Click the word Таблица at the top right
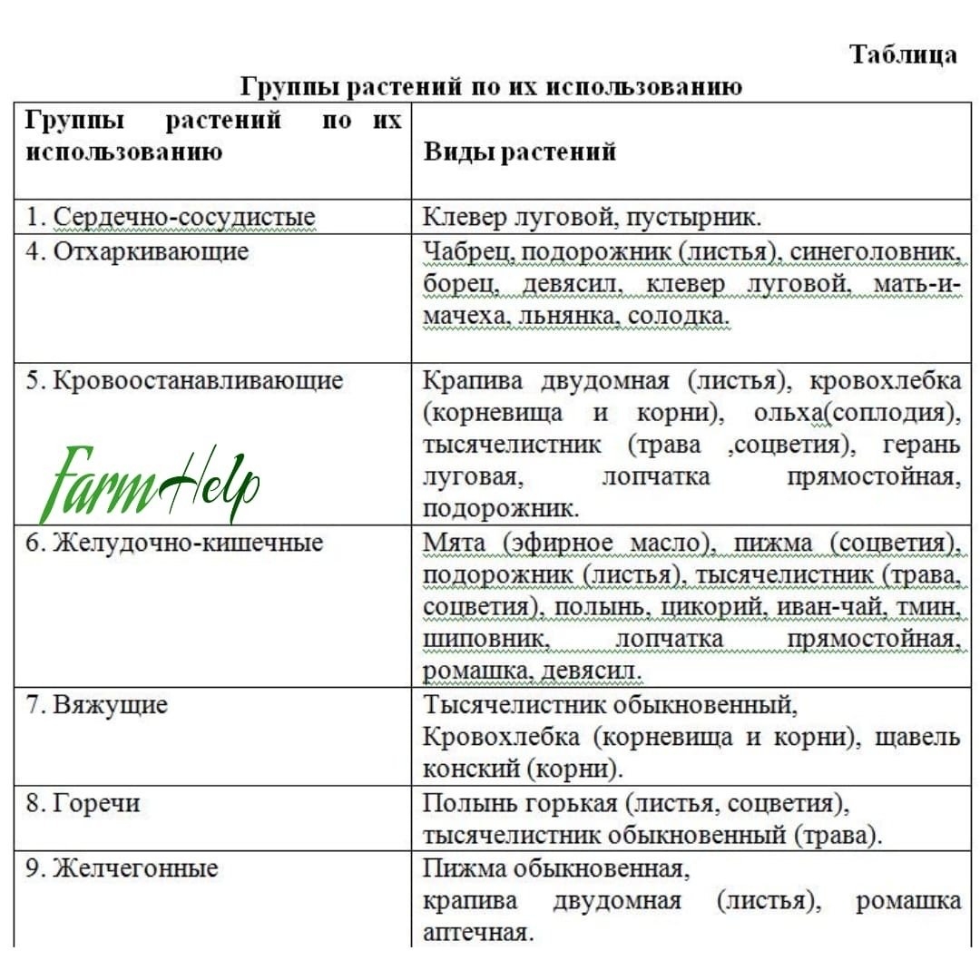[903, 55]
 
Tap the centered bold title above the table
[491, 87]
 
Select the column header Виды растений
[520, 152]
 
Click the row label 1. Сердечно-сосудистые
[171, 218]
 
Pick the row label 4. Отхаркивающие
[137, 251]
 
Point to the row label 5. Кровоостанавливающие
[184, 380]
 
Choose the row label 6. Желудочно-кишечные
[174, 544]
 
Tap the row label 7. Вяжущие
[97, 705]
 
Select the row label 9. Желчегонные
[122, 868]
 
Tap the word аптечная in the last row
[475, 934]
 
